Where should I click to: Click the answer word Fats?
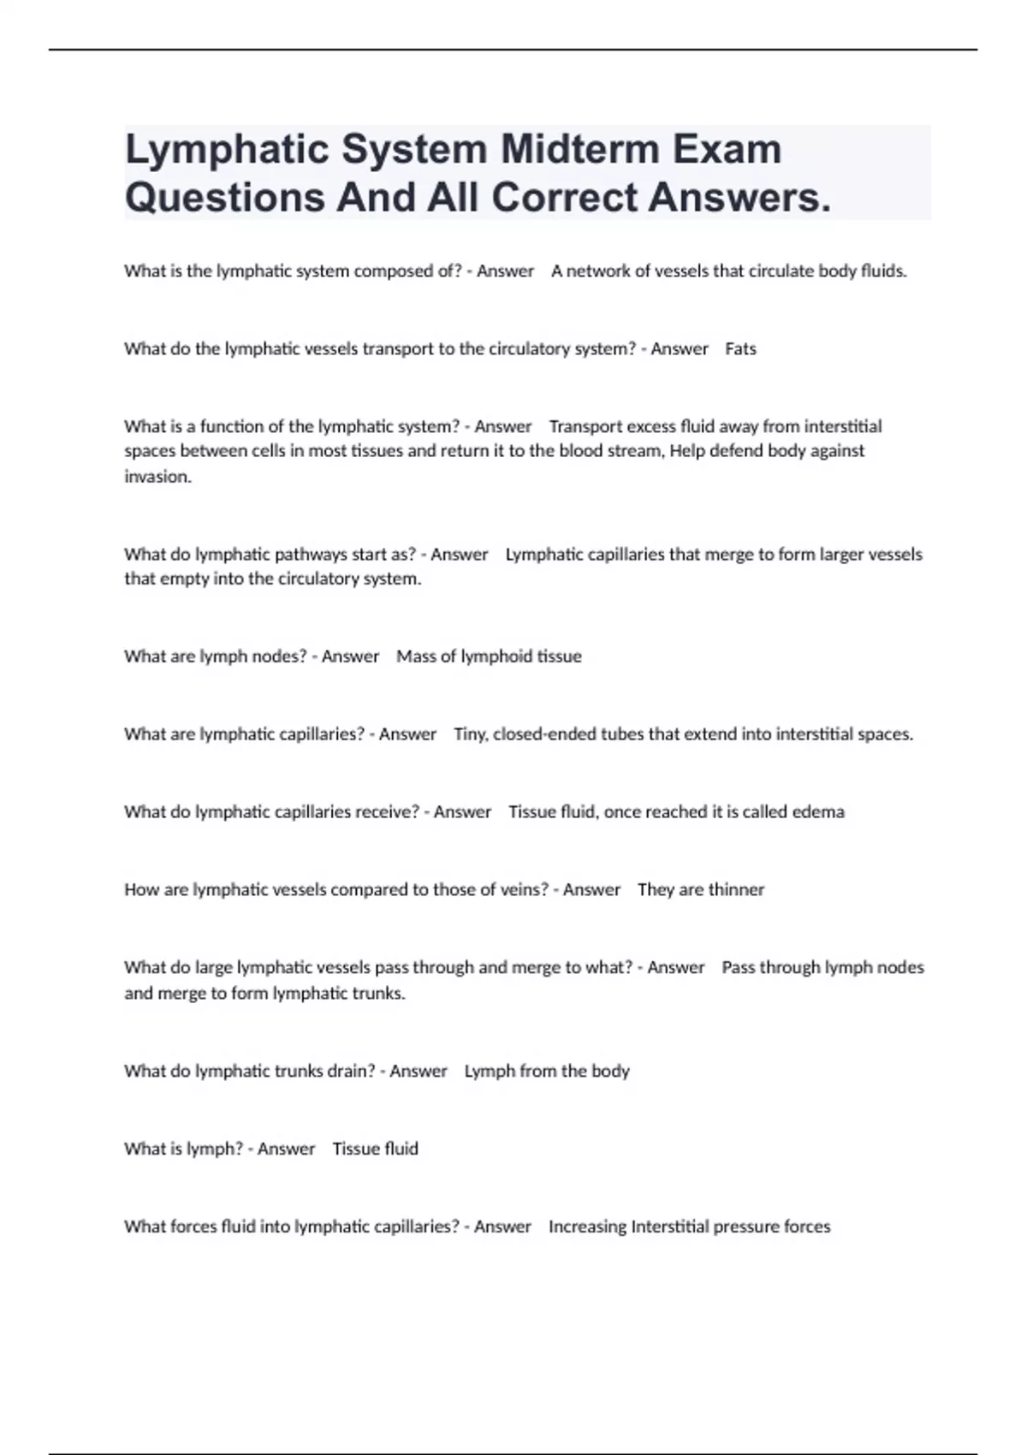point(740,349)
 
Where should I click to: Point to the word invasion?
point(157,477)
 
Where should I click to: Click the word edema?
point(818,811)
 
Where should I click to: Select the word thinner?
point(736,889)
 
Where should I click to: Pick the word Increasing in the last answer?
point(587,1226)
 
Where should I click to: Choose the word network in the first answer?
point(598,271)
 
